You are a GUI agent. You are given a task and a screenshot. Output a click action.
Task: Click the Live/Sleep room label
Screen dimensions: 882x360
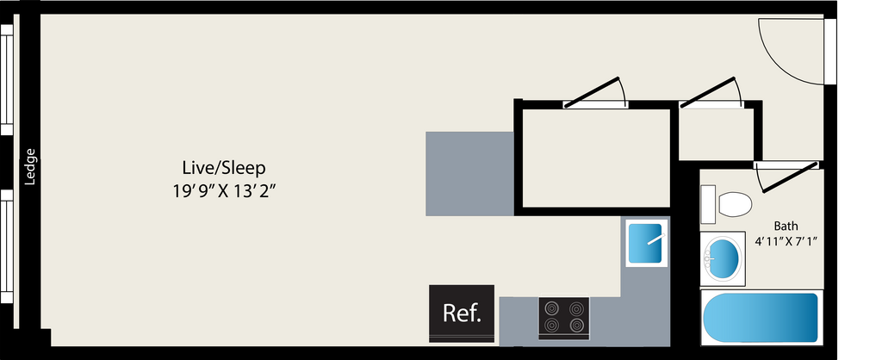click(x=223, y=168)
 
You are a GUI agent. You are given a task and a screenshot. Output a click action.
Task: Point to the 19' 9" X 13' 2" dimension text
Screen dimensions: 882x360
click(x=227, y=191)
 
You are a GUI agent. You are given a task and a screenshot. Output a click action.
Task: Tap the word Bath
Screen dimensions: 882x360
click(x=786, y=227)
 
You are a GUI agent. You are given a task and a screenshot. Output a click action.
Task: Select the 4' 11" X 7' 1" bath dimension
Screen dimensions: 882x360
click(x=786, y=241)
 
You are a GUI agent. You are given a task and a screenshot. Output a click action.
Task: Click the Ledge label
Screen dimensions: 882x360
click(x=30, y=166)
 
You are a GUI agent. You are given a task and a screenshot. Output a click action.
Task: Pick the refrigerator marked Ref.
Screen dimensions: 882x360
click(x=462, y=313)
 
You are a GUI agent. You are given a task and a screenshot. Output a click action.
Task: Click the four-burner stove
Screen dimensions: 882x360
click(x=563, y=319)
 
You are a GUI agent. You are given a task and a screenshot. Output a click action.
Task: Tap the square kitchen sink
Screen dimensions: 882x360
click(x=646, y=244)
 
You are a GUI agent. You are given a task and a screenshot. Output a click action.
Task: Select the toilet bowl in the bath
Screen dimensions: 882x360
click(x=735, y=203)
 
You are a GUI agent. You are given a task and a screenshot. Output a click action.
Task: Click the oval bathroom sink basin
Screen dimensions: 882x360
click(x=723, y=258)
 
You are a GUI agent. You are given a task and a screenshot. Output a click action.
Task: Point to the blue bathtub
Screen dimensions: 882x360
click(x=761, y=318)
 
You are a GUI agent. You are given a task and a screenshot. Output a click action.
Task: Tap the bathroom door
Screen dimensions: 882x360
click(x=787, y=177)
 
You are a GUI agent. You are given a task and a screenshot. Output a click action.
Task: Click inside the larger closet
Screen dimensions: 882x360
click(x=596, y=158)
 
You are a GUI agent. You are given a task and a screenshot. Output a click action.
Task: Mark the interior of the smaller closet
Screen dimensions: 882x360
click(x=716, y=133)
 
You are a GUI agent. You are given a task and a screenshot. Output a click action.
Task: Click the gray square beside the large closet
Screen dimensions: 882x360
click(x=469, y=174)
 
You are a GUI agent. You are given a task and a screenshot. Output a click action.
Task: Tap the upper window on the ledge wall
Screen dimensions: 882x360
click(x=7, y=80)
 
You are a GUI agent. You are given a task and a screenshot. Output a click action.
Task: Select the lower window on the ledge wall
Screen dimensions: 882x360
click(x=7, y=246)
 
